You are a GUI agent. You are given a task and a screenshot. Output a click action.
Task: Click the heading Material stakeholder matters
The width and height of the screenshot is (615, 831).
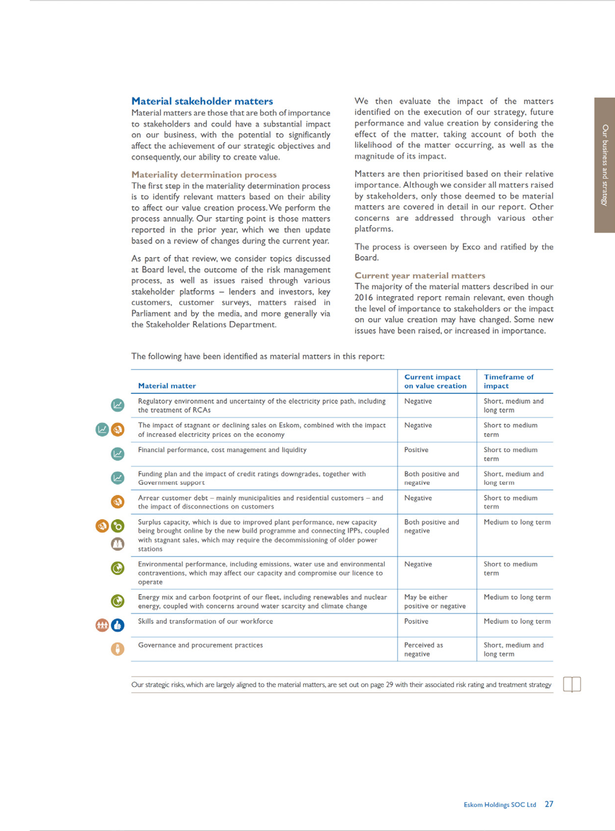[x=202, y=101]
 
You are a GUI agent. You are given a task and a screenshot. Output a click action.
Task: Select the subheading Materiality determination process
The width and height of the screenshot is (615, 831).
[x=204, y=174]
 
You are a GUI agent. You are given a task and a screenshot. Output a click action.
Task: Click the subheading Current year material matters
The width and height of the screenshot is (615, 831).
[x=420, y=275]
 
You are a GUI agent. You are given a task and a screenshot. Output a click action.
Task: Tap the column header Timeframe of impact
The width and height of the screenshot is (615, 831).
[x=508, y=381]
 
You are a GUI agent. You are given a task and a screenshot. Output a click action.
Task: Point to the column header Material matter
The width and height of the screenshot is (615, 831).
[x=167, y=386]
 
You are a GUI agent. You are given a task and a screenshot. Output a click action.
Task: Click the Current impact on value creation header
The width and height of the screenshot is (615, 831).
[x=435, y=381]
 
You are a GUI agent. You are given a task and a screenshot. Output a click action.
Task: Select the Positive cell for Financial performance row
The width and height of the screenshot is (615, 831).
[x=416, y=450]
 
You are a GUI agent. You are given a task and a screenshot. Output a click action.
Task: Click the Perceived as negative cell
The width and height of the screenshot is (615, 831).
[x=423, y=650]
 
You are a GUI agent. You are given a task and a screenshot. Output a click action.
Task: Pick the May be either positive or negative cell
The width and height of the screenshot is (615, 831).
[x=435, y=602]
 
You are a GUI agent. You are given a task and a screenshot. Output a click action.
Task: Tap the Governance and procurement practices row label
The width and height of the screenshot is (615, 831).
[x=200, y=645]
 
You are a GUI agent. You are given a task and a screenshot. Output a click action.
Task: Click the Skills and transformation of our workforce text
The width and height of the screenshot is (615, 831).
[x=205, y=621]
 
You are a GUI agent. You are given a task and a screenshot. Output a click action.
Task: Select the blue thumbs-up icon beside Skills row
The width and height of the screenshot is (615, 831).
[x=117, y=625]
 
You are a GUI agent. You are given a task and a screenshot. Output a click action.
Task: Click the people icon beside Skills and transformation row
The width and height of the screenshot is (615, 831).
[x=102, y=625]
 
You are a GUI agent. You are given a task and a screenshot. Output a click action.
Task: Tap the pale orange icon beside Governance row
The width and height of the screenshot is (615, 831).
[x=117, y=649]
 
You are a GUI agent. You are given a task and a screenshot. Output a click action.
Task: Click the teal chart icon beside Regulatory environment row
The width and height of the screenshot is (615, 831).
[x=117, y=405]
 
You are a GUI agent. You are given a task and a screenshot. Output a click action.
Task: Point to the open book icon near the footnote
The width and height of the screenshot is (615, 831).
[x=572, y=684]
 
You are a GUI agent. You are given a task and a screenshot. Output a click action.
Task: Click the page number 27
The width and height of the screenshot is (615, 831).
[x=549, y=804]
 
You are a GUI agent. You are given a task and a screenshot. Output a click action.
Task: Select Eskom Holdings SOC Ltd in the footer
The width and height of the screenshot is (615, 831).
[x=499, y=804]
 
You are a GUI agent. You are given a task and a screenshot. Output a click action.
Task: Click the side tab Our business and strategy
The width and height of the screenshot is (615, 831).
[x=605, y=165]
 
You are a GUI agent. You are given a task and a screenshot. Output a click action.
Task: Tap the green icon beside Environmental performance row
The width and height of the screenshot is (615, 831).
[x=117, y=568]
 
